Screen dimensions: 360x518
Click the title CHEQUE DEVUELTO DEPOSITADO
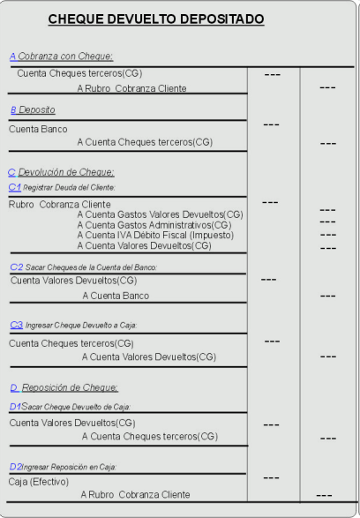[156, 19]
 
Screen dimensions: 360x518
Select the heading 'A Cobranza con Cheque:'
[62, 56]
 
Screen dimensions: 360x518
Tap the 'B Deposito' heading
[33, 109]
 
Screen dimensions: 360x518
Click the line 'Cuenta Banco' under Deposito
[38, 129]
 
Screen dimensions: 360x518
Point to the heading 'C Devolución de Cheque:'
[62, 172]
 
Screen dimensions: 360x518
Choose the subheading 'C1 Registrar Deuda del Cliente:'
[62, 188]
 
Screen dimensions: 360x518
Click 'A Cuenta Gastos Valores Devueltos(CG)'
[161, 214]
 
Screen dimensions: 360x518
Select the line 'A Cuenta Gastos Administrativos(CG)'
[154, 225]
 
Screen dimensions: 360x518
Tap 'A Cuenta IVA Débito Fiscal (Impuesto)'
[155, 236]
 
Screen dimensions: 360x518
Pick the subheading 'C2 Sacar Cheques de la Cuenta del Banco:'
[84, 267]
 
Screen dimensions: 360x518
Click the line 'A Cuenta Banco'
[116, 296]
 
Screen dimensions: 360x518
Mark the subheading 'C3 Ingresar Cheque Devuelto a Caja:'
[73, 326]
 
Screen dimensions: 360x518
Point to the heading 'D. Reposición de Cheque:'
[64, 387]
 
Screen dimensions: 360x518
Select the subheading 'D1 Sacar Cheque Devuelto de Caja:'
[70, 407]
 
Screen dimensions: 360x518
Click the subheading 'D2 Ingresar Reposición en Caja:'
[63, 467]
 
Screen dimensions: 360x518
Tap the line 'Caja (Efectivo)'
[39, 482]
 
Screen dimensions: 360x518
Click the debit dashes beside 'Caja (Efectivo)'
[271, 477]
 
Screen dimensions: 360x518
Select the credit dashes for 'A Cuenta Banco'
[328, 296]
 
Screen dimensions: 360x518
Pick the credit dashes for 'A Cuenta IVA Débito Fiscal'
[328, 235]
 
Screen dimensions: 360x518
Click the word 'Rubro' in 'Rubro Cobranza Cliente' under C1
[21, 205]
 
